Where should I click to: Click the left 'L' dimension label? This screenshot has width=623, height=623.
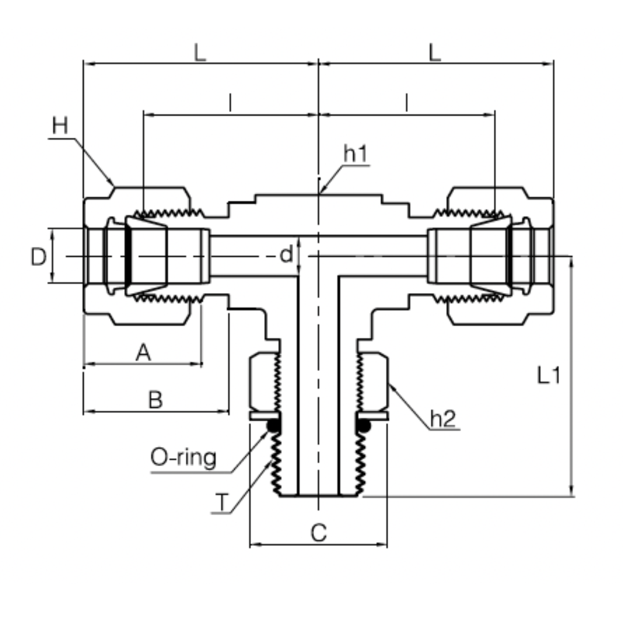(x=200, y=53)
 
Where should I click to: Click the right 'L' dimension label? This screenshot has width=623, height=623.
(x=435, y=53)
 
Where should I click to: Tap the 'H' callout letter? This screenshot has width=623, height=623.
(x=60, y=126)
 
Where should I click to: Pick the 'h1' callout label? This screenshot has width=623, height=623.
(x=355, y=154)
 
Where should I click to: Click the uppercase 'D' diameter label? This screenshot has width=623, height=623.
(x=39, y=257)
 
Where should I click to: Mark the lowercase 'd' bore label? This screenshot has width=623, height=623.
(x=286, y=254)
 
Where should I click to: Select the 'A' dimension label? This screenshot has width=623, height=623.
(x=143, y=352)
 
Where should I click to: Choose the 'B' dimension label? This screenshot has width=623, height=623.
(x=155, y=400)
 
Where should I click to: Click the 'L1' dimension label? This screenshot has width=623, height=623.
(x=549, y=376)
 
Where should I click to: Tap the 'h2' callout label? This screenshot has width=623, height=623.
(x=444, y=419)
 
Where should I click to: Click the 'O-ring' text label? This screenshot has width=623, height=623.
(x=183, y=458)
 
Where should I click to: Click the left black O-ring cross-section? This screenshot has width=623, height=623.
(x=273, y=426)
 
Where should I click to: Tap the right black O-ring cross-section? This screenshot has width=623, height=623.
(x=363, y=426)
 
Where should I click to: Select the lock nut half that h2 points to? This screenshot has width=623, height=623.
(x=375, y=381)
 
